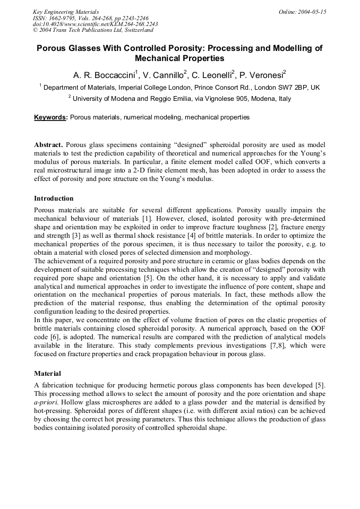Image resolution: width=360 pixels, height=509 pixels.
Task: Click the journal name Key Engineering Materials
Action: (65, 12)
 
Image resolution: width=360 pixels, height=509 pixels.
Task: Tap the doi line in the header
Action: (95, 24)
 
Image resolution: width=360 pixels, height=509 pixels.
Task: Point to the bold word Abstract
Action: (49, 145)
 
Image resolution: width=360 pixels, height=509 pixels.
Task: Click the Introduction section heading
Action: (54, 199)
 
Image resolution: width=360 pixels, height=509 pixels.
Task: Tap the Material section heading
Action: (47, 373)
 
